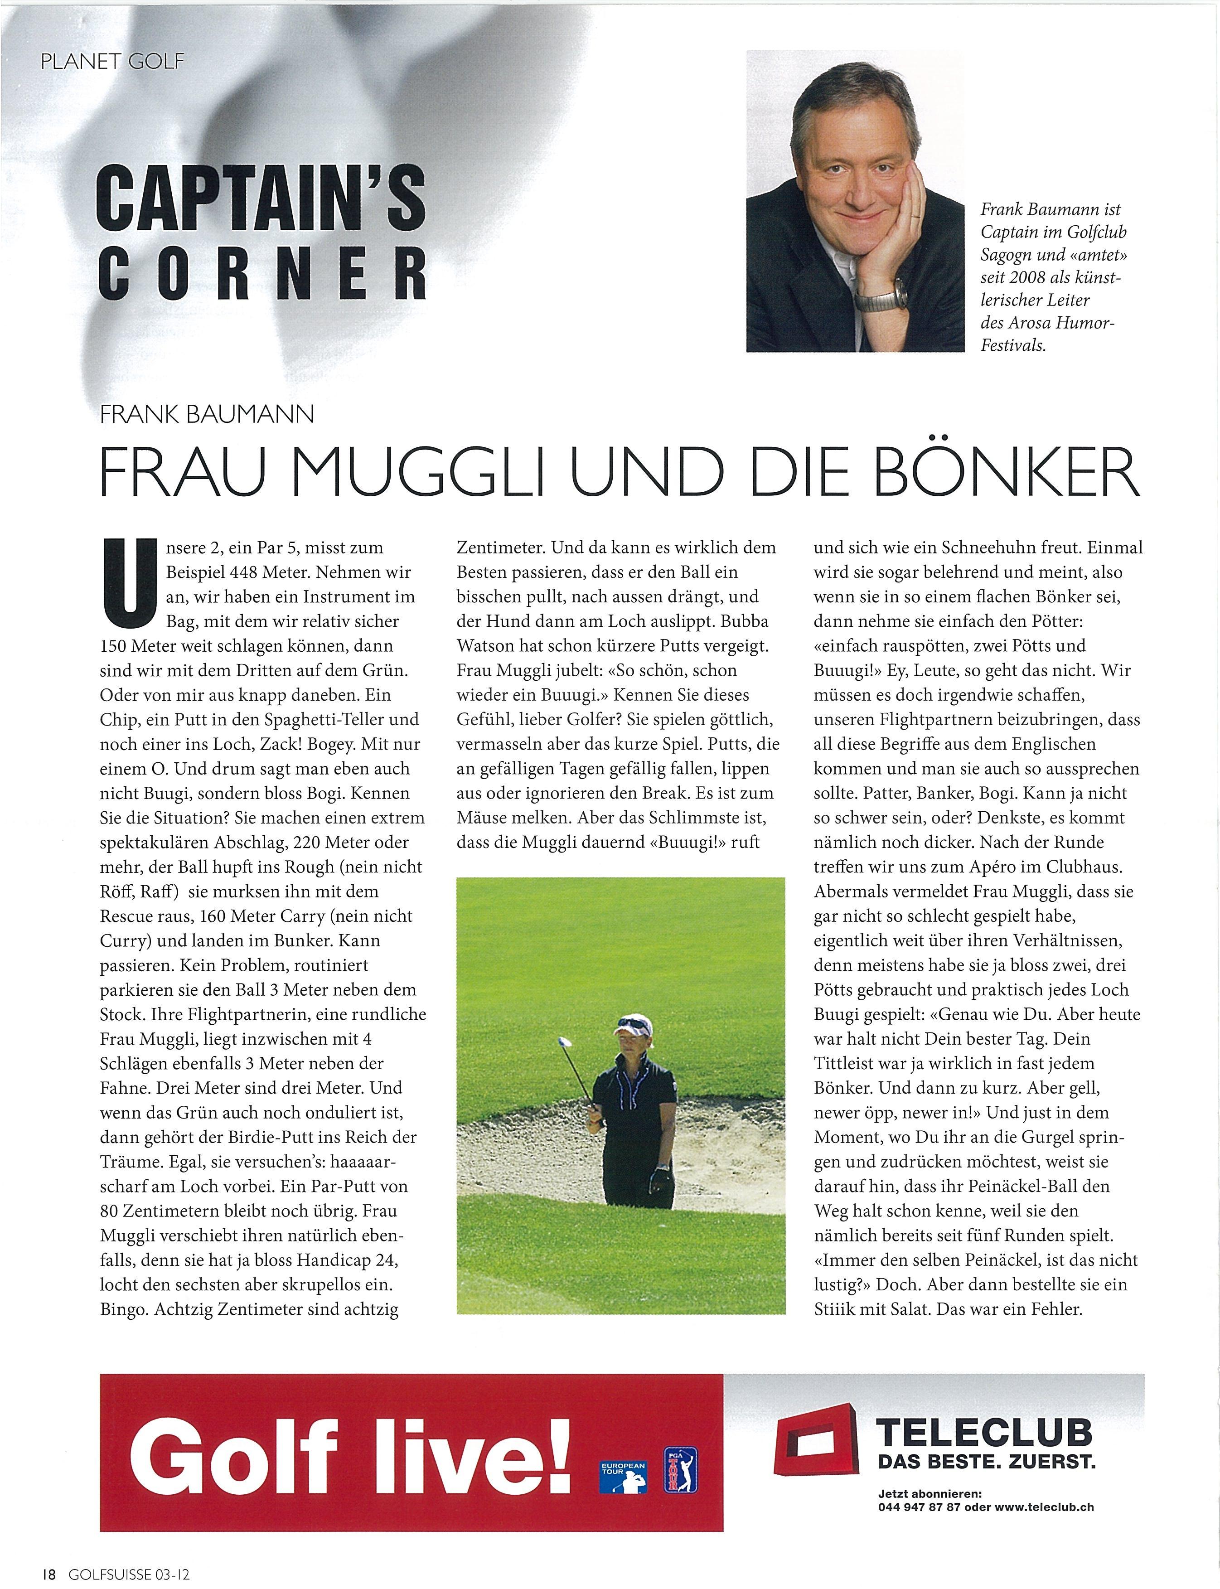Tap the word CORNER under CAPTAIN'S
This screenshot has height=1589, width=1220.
[x=261, y=275]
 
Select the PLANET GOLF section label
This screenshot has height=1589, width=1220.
[x=112, y=61]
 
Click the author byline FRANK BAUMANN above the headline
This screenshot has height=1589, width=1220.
[x=207, y=415]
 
